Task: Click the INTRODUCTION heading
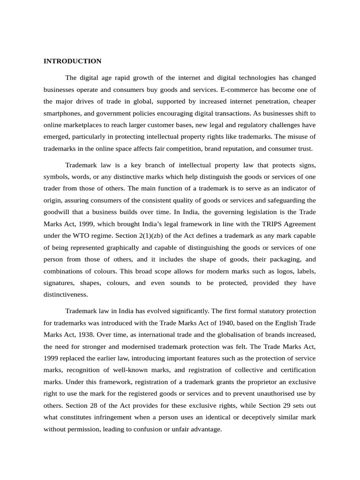coord(72,61)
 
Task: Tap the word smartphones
coord(61,113)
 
